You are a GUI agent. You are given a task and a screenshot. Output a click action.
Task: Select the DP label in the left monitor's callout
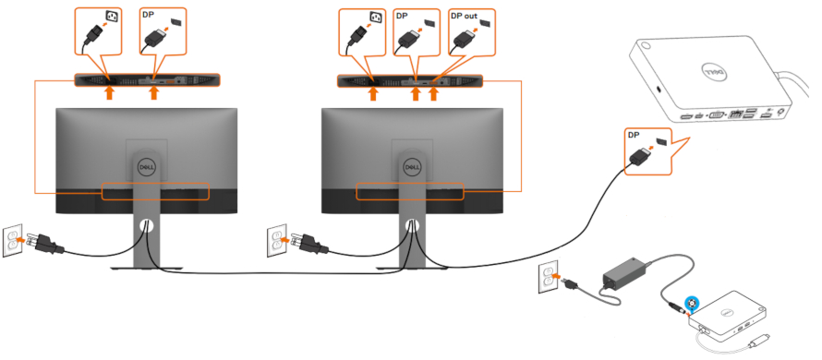148,16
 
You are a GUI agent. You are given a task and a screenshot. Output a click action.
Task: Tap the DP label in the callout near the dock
634,135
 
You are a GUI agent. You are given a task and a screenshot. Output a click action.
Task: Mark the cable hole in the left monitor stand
144,224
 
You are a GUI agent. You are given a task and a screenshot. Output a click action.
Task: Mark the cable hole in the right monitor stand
409,224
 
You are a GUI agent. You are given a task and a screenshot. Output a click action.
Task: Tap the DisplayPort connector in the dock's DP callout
638,160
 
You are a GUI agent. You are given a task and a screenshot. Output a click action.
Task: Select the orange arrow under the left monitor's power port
109,93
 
